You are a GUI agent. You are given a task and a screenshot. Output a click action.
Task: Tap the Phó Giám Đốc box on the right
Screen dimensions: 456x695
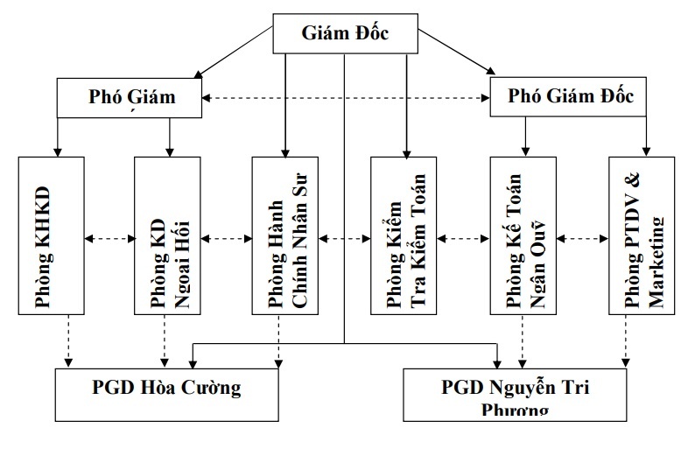pos(568,98)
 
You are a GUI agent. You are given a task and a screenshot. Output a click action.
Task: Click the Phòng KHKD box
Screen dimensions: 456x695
pos(52,235)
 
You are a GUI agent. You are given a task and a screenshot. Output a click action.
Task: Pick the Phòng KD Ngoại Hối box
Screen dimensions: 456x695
pos(167,235)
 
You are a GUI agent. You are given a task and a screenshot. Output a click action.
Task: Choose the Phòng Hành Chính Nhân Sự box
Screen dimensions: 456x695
pos(285,235)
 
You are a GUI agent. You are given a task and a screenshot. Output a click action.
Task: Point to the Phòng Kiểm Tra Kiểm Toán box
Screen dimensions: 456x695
pos(403,235)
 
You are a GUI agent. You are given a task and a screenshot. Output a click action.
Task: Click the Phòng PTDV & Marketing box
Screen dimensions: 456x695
pos(642,235)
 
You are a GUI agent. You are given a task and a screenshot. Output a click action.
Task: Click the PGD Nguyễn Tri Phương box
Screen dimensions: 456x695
pos(516,392)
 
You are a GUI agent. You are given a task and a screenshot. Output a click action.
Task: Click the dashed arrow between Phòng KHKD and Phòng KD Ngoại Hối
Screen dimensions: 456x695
pos(109,236)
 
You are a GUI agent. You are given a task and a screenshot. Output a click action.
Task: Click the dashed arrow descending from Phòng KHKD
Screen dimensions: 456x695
pos(68,341)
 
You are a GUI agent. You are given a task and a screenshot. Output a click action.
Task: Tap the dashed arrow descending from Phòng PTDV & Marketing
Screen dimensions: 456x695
pos(625,341)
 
